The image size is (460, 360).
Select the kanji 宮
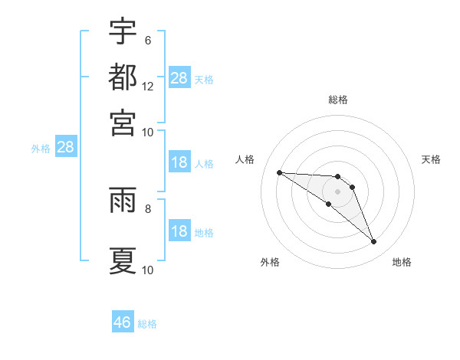pos(123,122)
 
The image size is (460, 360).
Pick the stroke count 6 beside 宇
pos(147,40)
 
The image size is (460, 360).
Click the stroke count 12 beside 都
pos(148,86)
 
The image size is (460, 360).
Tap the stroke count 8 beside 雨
pos(147,207)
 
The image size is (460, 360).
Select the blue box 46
pos(123,322)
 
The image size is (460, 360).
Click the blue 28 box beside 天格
pos(179,78)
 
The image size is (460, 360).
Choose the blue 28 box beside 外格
pos(65,148)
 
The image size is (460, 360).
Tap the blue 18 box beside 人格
pos(179,162)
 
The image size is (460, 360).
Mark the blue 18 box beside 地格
pos(179,232)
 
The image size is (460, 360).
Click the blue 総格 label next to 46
pos(147,324)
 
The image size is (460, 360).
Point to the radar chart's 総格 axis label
pos(338,100)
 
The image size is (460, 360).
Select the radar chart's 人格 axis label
pos(245,159)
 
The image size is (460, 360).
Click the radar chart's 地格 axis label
pos(402,262)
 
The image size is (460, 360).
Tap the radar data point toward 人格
pos(279,172)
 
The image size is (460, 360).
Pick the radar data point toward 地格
pos(373,242)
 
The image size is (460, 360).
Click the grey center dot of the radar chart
pos(337,191)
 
